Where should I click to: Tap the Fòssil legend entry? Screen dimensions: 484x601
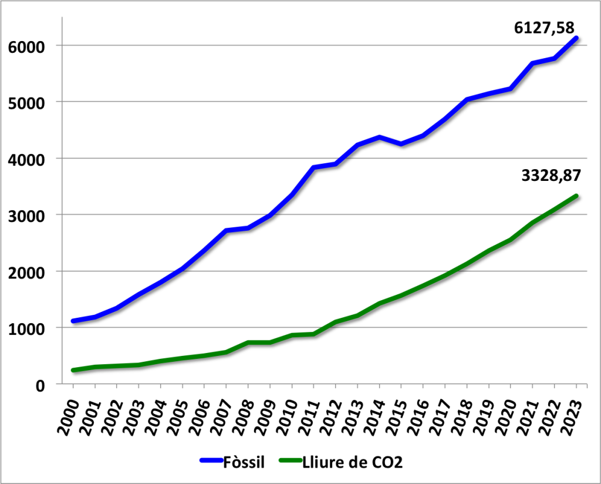click(x=244, y=462)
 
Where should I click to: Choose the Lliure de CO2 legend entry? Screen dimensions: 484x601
click(x=352, y=462)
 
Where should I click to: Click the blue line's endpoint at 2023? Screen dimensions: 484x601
click(x=576, y=38)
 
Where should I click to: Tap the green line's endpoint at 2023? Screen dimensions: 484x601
click(x=576, y=196)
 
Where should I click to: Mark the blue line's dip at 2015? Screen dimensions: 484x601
click(x=401, y=144)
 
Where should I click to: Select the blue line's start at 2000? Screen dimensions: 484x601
click(x=73, y=321)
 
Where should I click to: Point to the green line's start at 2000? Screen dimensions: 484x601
click(x=73, y=370)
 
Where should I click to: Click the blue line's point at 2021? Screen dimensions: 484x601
click(x=533, y=63)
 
